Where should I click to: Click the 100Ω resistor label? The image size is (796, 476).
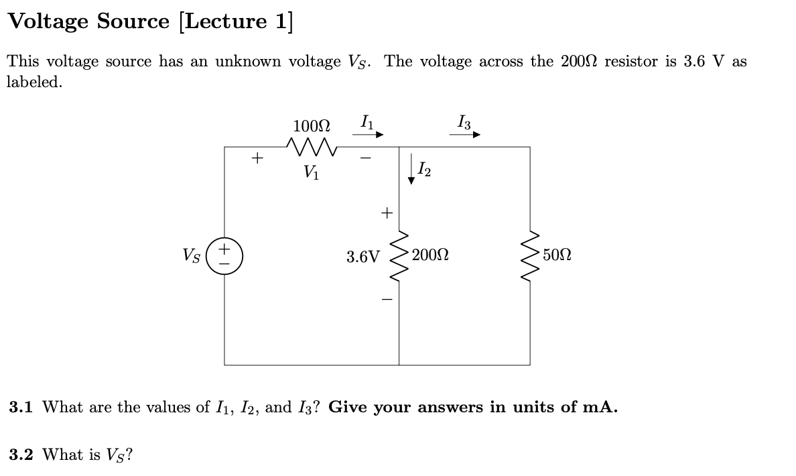point(311,125)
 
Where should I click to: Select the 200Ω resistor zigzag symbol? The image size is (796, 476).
point(399,255)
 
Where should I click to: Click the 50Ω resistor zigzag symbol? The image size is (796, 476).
point(530,255)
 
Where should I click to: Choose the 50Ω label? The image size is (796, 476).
point(557,255)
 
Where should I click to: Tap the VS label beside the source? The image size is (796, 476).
point(191,255)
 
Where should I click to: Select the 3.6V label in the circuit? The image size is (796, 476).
point(362,257)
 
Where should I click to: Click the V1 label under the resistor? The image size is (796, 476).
point(310,172)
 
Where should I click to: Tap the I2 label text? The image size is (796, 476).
point(424,171)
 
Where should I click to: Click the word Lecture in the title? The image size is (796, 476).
point(223,21)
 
